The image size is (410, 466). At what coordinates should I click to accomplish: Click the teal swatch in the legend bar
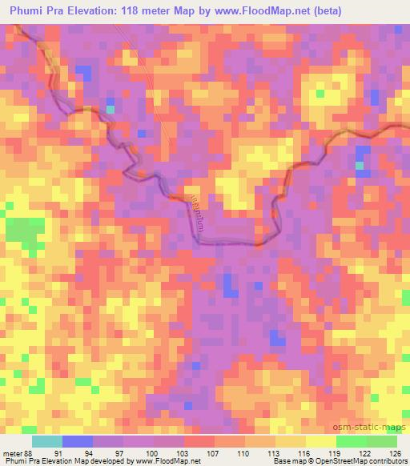pyautogui.click(x=47, y=441)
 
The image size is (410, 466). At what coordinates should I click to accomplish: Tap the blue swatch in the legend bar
pyautogui.click(x=78, y=441)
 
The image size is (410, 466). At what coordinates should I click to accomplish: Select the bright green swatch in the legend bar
pyautogui.click(x=352, y=441)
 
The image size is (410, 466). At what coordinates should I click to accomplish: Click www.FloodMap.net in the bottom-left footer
pyautogui.click(x=174, y=461)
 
